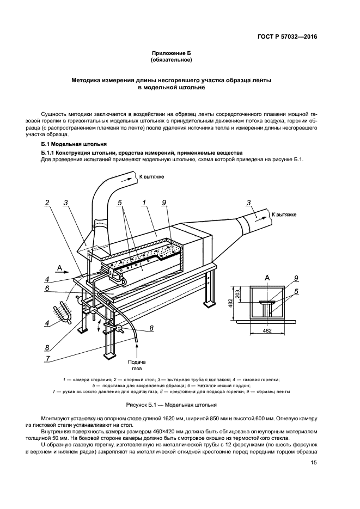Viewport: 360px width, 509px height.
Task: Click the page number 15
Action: pyautogui.click(x=314, y=463)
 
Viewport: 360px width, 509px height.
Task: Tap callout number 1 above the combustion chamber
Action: pyautogui.click(x=143, y=203)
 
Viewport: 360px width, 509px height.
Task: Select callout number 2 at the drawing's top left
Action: pyautogui.click(x=47, y=203)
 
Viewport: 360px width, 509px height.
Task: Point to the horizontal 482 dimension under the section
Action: pyautogui.click(x=267, y=330)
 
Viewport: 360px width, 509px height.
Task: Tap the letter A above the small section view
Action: pyautogui.click(x=267, y=278)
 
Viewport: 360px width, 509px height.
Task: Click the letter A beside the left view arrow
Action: pyautogui.click(x=58, y=267)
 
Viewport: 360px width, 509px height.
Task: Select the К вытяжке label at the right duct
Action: pyautogui.click(x=284, y=215)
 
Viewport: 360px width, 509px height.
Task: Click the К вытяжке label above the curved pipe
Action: pyautogui.click(x=151, y=176)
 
